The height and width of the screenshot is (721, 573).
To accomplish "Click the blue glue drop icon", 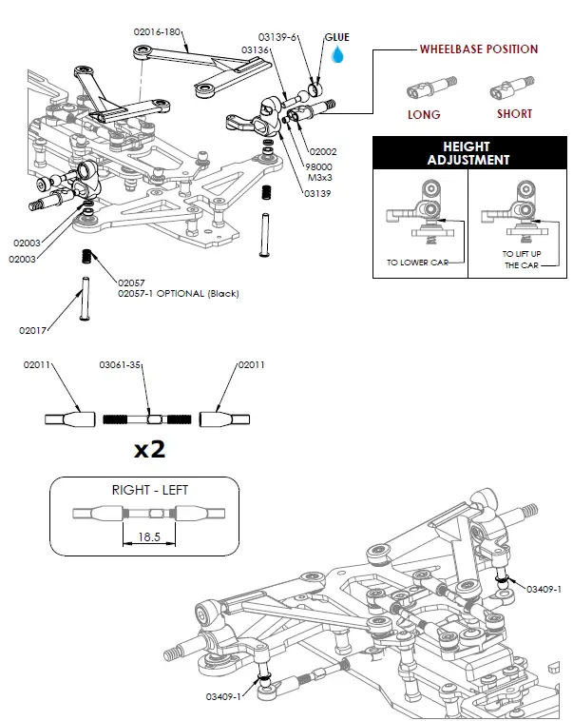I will point(337,55).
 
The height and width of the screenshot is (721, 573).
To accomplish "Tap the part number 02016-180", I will point(158,31).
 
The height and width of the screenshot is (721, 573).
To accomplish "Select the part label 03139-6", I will point(280,36).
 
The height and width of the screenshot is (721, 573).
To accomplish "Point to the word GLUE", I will point(337,37).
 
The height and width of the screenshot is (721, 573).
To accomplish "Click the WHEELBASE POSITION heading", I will point(479,49).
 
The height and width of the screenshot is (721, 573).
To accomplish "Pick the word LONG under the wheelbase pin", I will point(424,114).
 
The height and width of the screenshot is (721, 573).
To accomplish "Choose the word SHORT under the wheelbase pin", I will point(514,114).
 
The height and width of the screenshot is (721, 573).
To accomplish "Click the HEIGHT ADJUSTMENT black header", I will point(466,153).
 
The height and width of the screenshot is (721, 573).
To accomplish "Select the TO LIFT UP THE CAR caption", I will point(521,260).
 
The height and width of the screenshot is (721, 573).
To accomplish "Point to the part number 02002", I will point(322,150).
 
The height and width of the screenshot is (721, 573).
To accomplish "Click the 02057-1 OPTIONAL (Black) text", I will point(178,294).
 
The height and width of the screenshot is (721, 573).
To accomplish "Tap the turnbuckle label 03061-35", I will point(121,364).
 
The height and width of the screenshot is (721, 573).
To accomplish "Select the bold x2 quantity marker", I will point(149,449).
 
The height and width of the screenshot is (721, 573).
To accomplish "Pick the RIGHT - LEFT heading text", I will point(149,490).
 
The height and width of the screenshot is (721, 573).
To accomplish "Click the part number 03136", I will point(256,49).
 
